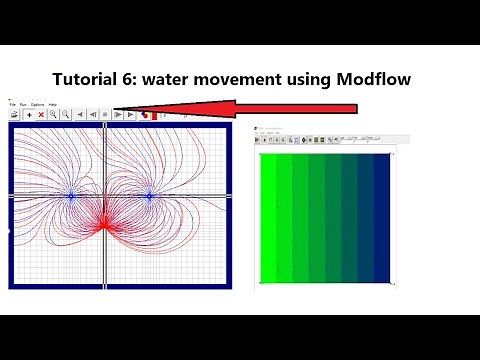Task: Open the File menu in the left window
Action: coord(12,104)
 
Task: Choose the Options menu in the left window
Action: coord(37,104)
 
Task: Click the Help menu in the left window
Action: coord(52,104)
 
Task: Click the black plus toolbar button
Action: coord(28,115)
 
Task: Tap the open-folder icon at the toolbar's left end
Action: coord(15,115)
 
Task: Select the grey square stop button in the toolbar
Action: coord(105,115)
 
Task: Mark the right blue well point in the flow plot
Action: coord(149,196)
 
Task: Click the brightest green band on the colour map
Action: coord(268,220)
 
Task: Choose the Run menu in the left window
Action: coord(23,104)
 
